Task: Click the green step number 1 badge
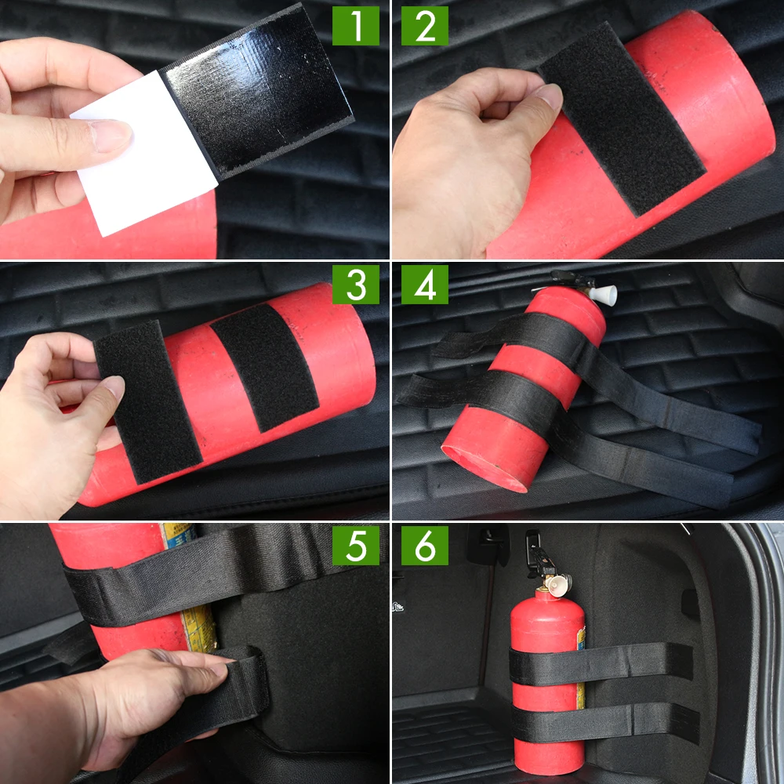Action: click(x=356, y=26)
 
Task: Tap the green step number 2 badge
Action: click(x=425, y=26)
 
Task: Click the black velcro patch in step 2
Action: click(x=623, y=118)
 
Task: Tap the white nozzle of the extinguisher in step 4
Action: click(x=604, y=294)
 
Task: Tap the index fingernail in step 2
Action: click(x=549, y=97)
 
